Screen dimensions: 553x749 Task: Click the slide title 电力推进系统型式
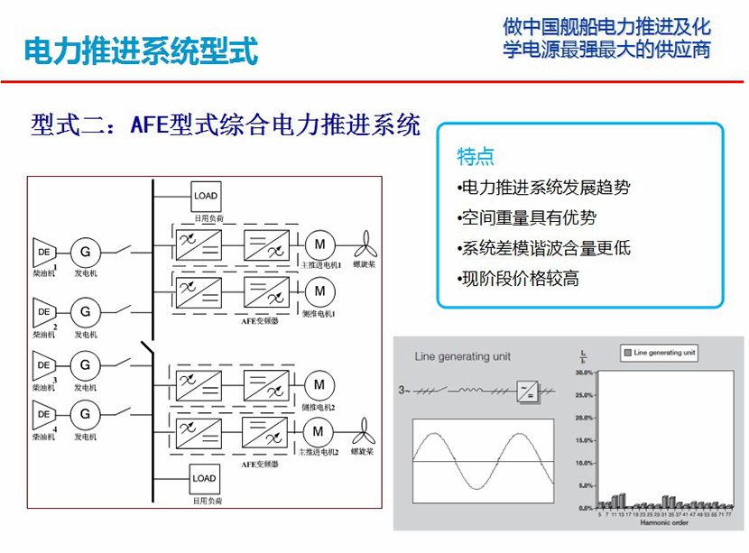141,51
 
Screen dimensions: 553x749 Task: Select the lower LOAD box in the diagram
205,478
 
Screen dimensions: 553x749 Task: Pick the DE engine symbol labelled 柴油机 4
43,415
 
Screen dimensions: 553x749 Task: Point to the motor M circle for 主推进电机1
319,243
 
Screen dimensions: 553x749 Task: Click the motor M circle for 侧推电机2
319,385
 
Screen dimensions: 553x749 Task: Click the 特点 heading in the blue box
476,157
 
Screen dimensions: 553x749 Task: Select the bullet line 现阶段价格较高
519,279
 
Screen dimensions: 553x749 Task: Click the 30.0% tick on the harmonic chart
584,372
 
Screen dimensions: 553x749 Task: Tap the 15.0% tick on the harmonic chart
584,440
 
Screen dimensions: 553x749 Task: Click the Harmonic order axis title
664,523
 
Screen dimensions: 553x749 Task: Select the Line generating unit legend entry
659,353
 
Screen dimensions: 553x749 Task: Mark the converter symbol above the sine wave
527,391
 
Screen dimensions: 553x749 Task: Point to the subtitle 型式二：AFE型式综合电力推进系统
226,124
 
